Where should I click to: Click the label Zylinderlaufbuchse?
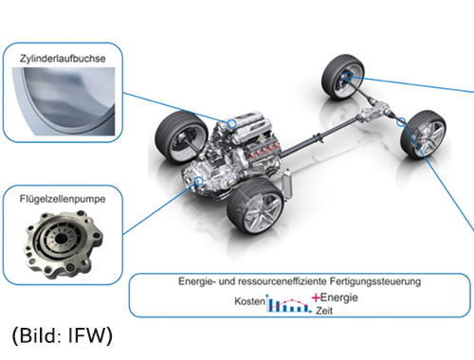pyautogui.click(x=63, y=59)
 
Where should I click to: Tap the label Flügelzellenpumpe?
pyautogui.click(x=63, y=199)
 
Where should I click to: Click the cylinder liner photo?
pyautogui.click(x=64, y=101)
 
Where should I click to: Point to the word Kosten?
pyautogui.click(x=249, y=301)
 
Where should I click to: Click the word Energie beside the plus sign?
pyautogui.click(x=339, y=297)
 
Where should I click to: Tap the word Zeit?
pyautogui.click(x=324, y=311)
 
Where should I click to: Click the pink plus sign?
pyautogui.click(x=316, y=297)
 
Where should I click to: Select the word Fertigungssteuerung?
pyautogui.click(x=375, y=281)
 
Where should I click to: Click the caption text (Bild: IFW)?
pyautogui.click(x=63, y=335)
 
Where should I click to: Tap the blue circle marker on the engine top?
pyautogui.click(x=232, y=123)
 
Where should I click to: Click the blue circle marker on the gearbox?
pyautogui.click(x=199, y=181)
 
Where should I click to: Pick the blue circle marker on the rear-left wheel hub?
pyautogui.click(x=348, y=77)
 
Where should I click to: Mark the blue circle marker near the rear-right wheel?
pyautogui.click(x=401, y=121)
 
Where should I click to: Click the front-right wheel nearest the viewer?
pyautogui.click(x=255, y=207)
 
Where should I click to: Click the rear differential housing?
pyautogui.click(x=374, y=111)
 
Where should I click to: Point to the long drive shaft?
pyautogui.click(x=319, y=137)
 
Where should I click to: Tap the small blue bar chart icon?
pyautogui.click(x=288, y=303)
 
